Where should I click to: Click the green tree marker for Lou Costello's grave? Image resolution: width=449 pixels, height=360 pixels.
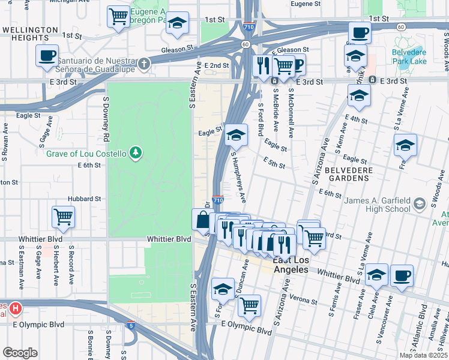136,154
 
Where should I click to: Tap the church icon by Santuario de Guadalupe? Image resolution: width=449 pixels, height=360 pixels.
143,63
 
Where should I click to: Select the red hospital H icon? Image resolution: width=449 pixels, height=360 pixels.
16,309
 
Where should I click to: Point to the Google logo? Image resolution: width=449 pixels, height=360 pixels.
20,353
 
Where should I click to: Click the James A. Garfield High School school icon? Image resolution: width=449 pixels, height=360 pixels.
420,204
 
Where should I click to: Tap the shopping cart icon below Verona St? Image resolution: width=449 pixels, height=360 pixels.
249,305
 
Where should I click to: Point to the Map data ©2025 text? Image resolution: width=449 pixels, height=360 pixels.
423,355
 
